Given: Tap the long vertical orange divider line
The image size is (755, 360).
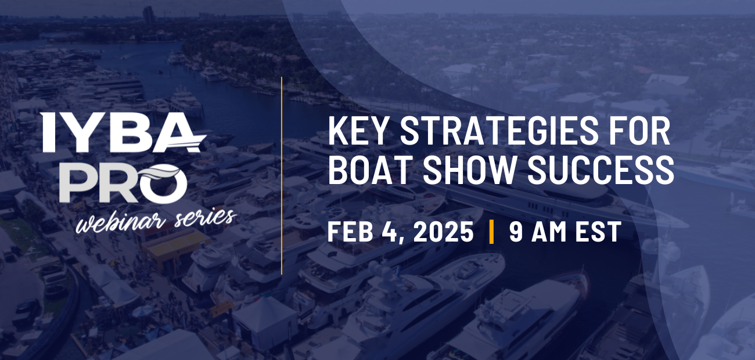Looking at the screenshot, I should pos(282,174).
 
